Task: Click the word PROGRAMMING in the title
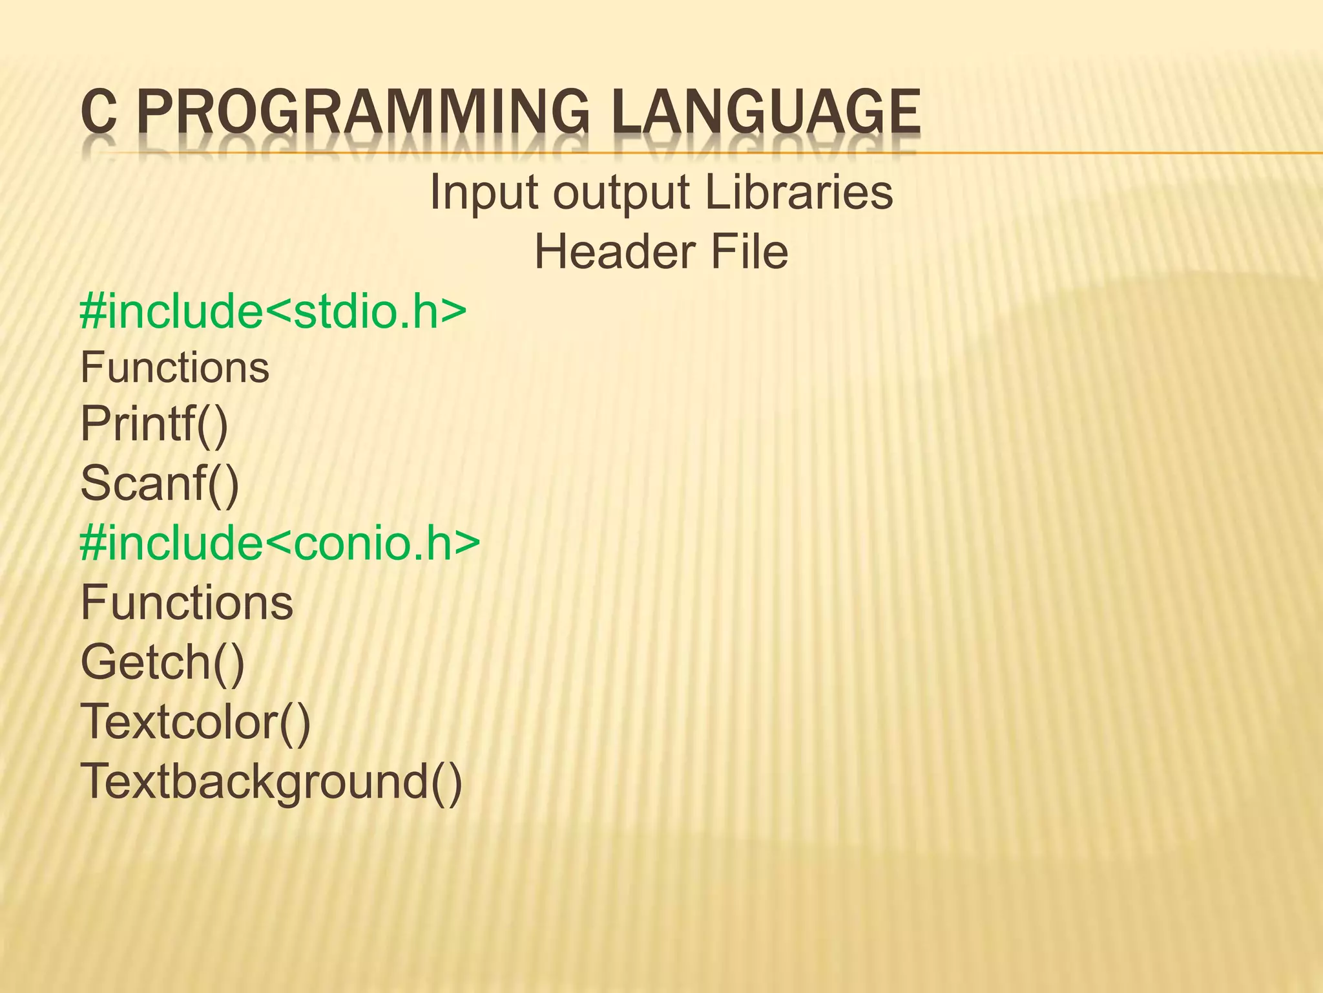coord(363,113)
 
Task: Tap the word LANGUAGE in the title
coord(766,113)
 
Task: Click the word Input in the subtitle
coord(484,192)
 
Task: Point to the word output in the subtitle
coord(621,193)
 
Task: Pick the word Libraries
coord(798,192)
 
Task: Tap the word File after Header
coord(749,251)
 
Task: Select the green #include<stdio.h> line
coord(273,312)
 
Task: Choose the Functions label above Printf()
coord(174,368)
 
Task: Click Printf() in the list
coord(154,425)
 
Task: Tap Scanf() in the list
coord(160,484)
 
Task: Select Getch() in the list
coord(163,662)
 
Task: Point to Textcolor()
coord(195,721)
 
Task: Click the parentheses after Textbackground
coord(446,782)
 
